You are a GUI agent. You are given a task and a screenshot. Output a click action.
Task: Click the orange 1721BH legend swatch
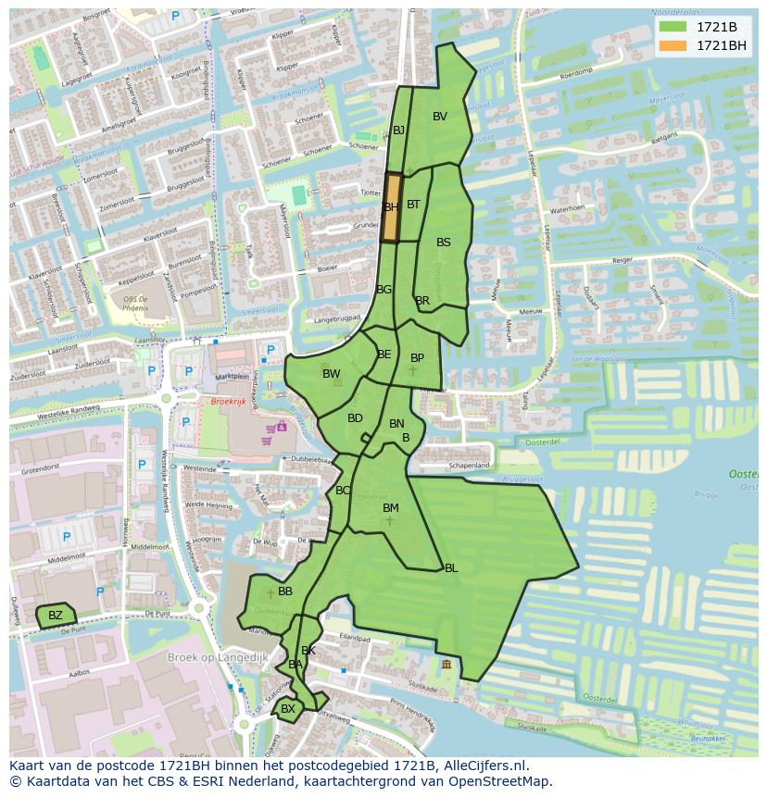tap(673, 45)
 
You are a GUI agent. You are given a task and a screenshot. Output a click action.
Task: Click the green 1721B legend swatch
tap(673, 27)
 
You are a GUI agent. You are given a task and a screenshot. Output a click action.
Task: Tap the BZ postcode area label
tap(56, 616)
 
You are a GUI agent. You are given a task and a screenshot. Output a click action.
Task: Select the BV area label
tap(440, 117)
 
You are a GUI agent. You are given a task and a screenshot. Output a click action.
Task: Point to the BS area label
tap(444, 243)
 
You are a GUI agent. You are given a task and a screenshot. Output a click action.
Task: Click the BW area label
tap(331, 374)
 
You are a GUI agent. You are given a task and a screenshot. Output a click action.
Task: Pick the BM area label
tap(391, 508)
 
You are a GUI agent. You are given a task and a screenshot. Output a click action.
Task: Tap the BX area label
tap(288, 709)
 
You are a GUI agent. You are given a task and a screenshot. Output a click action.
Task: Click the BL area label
tap(451, 568)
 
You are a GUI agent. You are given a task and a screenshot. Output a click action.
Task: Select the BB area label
tap(285, 592)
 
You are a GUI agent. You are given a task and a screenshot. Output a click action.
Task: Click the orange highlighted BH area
tap(392, 208)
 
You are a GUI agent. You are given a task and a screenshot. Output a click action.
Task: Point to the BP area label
tap(417, 358)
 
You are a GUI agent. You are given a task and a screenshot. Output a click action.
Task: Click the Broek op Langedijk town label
tap(217, 657)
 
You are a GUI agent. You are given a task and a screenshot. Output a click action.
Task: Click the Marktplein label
tap(233, 377)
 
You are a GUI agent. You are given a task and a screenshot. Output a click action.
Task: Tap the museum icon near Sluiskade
tap(447, 665)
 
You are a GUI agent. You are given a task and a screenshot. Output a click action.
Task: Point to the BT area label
tap(413, 205)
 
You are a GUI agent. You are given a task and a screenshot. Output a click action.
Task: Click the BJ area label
tap(398, 131)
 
